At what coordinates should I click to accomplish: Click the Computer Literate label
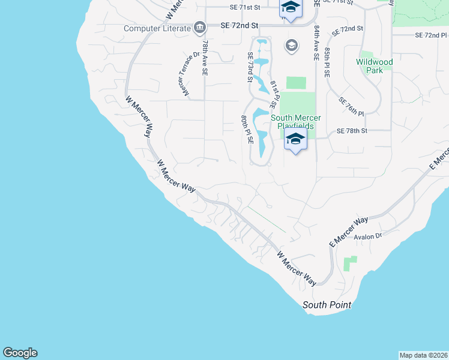158,28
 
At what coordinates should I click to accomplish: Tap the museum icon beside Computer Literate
199,28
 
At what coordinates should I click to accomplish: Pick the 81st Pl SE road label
273,92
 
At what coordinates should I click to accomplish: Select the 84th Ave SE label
315,44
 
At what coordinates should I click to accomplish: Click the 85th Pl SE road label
327,62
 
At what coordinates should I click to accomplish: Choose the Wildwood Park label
374,66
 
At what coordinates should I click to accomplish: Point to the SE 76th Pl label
352,106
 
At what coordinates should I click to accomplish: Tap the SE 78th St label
351,131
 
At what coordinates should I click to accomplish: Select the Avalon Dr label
368,236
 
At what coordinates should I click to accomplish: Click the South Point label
327,305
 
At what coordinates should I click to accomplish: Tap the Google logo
20,353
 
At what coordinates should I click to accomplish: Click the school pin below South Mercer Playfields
295,140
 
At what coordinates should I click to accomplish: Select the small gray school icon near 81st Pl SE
292,46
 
